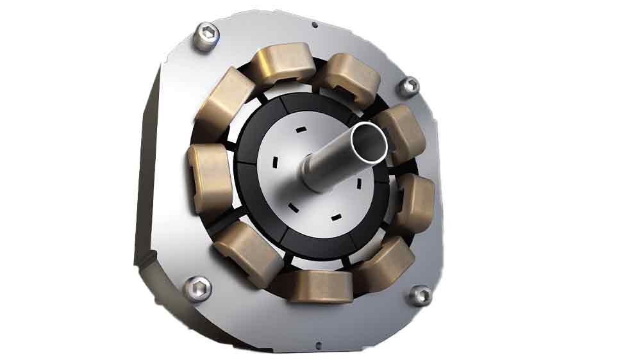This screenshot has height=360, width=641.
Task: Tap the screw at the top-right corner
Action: [409, 85]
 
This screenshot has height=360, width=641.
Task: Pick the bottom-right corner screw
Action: [420, 295]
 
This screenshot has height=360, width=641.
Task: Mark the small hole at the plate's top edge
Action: [314, 25]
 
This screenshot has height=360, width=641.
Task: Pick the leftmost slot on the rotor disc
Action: [274, 160]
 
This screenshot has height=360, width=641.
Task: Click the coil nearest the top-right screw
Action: [397, 133]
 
